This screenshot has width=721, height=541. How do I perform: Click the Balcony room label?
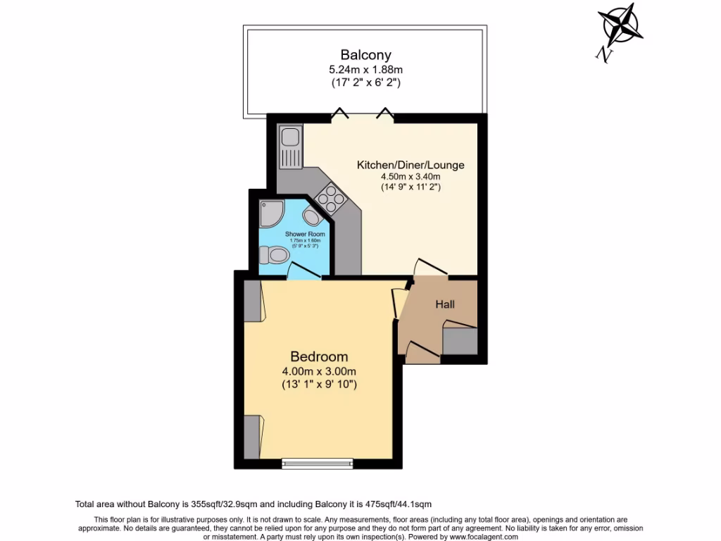coord(365,54)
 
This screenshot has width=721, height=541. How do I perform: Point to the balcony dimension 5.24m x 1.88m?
coord(365,70)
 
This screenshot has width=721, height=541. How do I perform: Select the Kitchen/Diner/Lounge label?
coord(410,165)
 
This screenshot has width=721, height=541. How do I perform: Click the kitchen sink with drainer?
coord(289,147)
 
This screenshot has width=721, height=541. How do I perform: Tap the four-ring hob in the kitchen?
coord(331,197)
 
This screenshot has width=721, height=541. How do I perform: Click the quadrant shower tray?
coord(270,212)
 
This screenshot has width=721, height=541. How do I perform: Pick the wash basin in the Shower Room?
coord(311,216)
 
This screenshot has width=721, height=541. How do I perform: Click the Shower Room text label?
coord(304,233)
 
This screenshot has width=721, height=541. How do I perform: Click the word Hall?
coord(444,305)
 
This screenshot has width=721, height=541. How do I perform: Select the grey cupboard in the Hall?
coord(460,340)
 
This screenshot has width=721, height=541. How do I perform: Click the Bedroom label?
coord(319,357)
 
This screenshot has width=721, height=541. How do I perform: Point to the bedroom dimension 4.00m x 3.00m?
coord(319,371)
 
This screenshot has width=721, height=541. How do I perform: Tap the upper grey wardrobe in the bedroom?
coord(252,301)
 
